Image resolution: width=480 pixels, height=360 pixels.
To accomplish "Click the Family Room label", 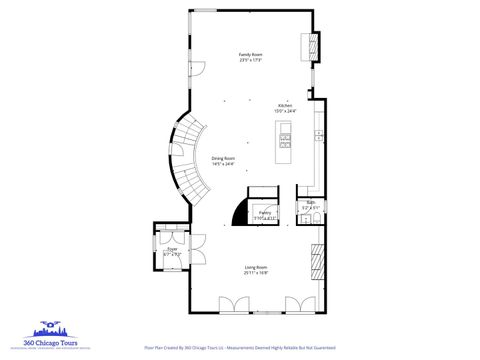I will pos(250,53).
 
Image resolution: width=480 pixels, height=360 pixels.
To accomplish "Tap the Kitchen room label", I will pos(284,105).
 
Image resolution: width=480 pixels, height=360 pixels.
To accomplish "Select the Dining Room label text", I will pos(223,158).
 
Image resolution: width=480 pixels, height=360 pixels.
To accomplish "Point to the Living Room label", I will pos(257,266).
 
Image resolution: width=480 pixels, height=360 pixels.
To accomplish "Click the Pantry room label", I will pos(265,212).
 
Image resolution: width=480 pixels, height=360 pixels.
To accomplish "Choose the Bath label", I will pos(311,203).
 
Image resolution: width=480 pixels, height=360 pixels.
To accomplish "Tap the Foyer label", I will pos(172,249).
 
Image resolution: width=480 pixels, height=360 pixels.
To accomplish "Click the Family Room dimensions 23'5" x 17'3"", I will pos(250,60).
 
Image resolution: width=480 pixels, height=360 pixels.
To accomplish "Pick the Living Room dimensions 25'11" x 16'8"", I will pos(257,272).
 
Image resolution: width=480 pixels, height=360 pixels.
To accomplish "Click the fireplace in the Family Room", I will pos(311,46).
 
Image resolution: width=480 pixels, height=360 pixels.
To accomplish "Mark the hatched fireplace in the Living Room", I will pos(318,262).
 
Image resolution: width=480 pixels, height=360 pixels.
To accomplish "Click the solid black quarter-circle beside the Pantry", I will pos(239,213).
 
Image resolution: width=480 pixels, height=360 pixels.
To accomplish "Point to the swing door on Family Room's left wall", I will pos(196,70).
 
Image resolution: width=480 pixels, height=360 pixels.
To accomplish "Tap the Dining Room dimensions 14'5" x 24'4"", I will pos(223,164).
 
